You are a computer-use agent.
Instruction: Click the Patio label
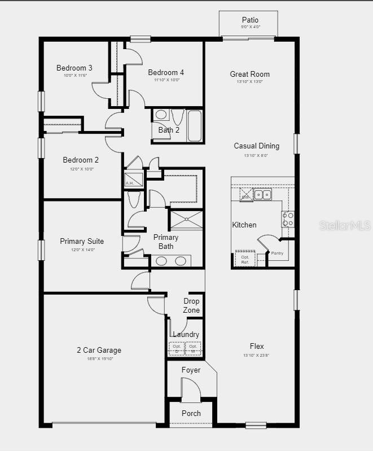[249, 20]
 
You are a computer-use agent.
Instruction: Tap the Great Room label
[249, 74]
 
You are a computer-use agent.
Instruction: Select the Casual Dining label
[256, 146]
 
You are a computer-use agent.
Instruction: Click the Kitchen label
[244, 225]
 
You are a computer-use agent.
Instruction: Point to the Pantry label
[277, 253]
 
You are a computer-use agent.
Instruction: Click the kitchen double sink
[262, 195]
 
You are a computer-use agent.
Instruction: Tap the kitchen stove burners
[288, 219]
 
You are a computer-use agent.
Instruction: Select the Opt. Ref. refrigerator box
[245, 259]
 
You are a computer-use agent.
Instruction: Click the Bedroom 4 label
[166, 72]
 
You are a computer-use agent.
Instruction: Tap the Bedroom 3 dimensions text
[75, 76]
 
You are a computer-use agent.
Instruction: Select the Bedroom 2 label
[81, 160]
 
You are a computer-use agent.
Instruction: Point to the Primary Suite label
[82, 242]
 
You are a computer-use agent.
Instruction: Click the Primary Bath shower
[186, 220]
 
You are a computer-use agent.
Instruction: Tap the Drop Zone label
[191, 305]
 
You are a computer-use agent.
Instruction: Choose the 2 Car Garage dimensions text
[99, 358]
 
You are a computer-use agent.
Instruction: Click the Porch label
[191, 413]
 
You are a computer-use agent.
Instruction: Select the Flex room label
[257, 346]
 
